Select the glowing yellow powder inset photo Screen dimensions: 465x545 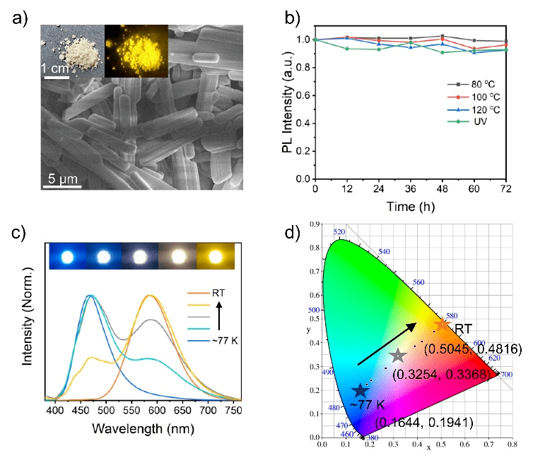point(136,51)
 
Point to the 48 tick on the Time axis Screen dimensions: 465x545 point(443,191)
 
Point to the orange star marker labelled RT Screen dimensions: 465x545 point(442,325)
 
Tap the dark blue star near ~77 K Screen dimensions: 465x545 point(361,390)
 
